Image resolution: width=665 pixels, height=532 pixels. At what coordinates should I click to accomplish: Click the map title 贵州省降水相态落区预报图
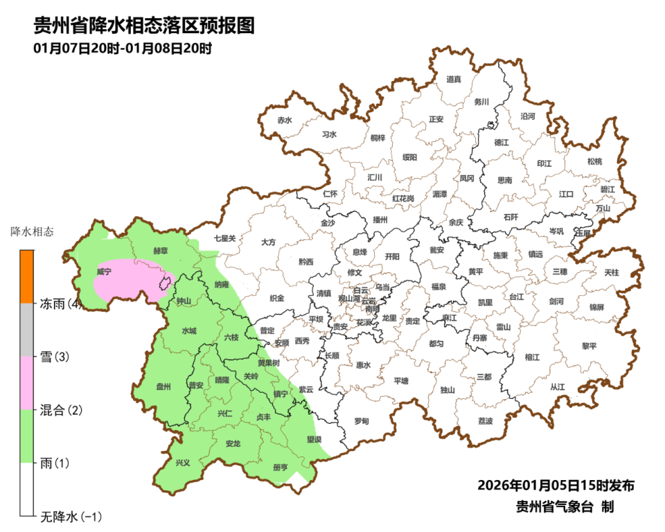click(x=145, y=26)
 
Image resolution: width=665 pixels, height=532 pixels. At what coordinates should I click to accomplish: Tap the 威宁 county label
click(x=104, y=272)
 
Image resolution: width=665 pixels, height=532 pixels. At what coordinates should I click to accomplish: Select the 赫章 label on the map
click(x=160, y=251)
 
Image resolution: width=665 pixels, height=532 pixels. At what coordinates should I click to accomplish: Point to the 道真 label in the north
click(x=454, y=80)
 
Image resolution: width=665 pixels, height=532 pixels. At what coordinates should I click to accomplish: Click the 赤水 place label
click(x=285, y=120)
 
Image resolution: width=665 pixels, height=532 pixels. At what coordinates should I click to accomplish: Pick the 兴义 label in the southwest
click(x=183, y=463)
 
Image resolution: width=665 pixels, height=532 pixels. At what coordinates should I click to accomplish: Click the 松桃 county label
click(x=594, y=161)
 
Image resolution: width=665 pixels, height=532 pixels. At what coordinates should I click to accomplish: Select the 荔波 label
click(x=486, y=421)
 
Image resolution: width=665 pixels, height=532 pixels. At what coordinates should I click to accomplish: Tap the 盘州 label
click(x=163, y=387)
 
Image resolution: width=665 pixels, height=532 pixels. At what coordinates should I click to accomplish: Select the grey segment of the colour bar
click(x=26, y=330)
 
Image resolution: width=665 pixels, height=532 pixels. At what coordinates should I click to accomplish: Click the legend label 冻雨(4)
click(x=61, y=304)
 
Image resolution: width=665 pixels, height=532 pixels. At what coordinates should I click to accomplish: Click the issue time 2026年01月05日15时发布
click(x=556, y=485)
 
